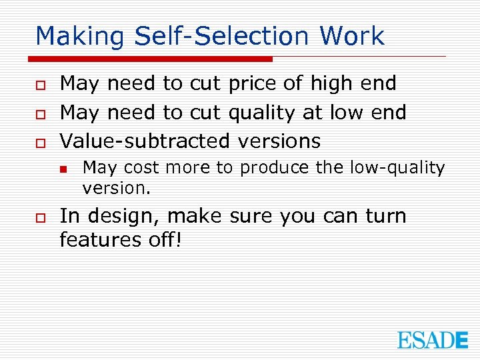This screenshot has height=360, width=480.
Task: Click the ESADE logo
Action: [433, 339]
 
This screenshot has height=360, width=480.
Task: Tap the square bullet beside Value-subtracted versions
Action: [41, 142]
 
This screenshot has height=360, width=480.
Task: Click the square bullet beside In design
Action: [41, 217]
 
